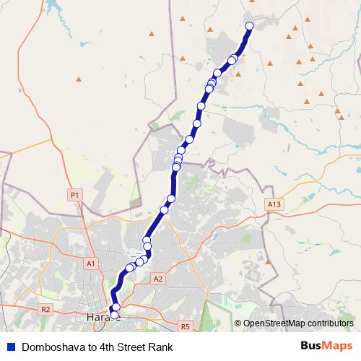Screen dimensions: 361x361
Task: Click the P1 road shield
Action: [x=74, y=195]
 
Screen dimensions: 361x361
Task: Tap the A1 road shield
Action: [x=91, y=264]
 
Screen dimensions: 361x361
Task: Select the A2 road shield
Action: [x=159, y=278]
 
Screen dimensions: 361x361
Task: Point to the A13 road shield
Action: [x=272, y=204]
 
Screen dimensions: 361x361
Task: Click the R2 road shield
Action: [x=46, y=309]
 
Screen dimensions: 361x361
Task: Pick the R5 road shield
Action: [x=185, y=326]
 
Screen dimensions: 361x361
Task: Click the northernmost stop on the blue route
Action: [x=250, y=26]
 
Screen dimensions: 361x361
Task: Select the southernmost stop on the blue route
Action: [x=114, y=315]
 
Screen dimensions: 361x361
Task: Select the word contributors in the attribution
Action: [x=333, y=323]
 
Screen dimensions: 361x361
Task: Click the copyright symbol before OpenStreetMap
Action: [x=238, y=323]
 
